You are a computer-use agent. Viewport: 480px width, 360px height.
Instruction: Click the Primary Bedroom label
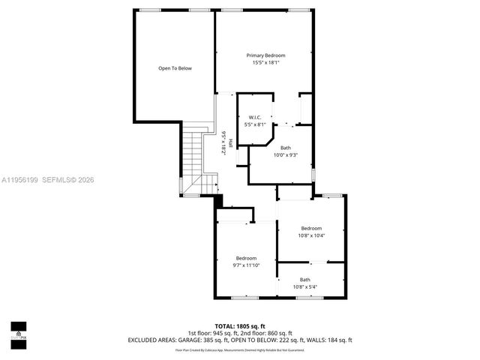[x=266, y=55]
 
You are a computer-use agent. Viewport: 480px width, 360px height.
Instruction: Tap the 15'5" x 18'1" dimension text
[x=266, y=63]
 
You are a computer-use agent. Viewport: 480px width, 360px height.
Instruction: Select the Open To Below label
[x=175, y=68]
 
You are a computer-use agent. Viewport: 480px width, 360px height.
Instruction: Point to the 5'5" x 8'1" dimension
[x=255, y=124]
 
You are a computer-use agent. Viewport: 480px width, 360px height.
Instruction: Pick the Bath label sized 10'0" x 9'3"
[x=286, y=148]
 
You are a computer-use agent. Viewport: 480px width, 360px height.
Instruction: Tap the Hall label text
[x=230, y=142]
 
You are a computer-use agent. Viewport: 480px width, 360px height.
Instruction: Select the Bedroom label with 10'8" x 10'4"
[x=311, y=228]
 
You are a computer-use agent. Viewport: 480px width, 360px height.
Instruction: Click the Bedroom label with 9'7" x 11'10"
[x=246, y=258]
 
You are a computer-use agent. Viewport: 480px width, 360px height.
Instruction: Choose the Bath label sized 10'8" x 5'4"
[x=305, y=279]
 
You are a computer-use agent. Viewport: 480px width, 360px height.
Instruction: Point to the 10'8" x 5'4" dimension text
[x=305, y=286]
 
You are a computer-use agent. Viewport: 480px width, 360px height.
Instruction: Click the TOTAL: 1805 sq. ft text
[x=240, y=326]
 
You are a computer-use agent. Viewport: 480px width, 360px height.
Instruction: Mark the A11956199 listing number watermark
[x=19, y=179]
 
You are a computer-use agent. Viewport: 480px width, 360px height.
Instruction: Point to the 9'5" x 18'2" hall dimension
[x=223, y=142]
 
